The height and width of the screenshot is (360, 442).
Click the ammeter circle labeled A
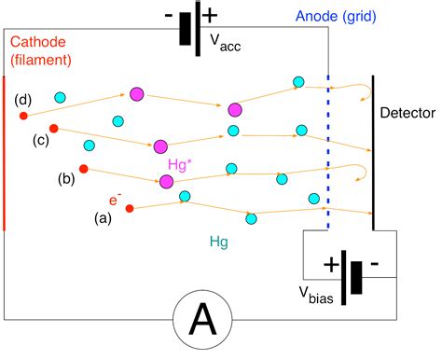click(202, 323)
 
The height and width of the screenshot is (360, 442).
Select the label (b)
click(67, 177)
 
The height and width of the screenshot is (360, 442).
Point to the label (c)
click(40, 140)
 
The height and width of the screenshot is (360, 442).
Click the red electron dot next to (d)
click(24, 116)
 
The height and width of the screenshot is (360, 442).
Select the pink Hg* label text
click(182, 164)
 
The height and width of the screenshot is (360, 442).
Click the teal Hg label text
click(216, 241)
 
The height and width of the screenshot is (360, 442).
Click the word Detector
click(407, 113)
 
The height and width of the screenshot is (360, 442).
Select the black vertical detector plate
click(374, 154)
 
